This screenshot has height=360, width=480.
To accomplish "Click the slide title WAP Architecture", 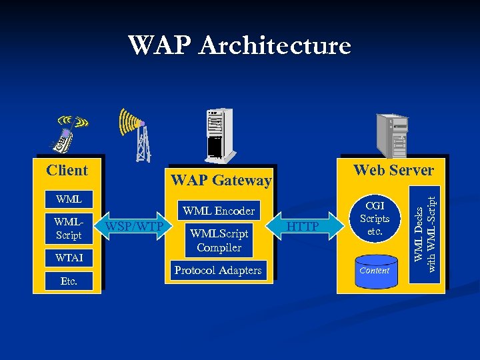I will point(239,45).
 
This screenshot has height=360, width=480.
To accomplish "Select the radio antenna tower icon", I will point(139,135).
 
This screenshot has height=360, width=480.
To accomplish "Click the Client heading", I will point(67,170).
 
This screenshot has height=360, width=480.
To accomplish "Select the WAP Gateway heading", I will point(221,180).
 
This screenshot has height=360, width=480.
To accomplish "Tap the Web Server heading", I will point(393,170).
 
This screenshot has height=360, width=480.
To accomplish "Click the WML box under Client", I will point(69,199).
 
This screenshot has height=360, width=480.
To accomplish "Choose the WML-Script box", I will point(69,228).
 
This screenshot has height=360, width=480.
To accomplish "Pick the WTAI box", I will point(69,257).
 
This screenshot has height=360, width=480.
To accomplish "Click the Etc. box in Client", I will point(69,281).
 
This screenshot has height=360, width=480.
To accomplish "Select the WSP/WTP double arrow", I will point(133,227).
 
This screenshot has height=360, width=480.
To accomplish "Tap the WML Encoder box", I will point(219,211).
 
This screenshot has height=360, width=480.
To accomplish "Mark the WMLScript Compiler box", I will point(219,241).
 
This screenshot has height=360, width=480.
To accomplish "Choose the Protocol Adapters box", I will point(218,270).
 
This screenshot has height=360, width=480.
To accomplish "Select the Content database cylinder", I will point(374,271).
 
